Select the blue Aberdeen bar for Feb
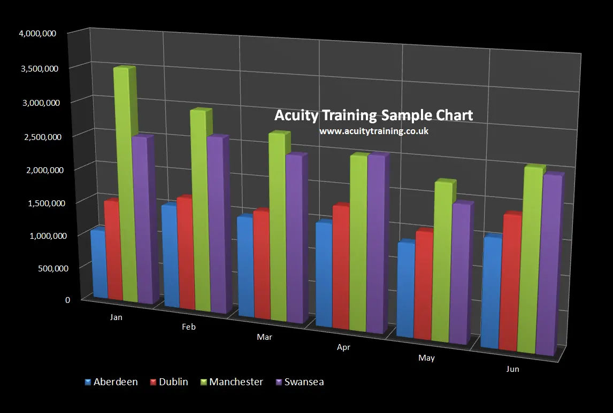(170, 256)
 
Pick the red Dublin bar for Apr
(341, 267)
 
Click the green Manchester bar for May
(441, 262)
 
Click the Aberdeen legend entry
(111, 382)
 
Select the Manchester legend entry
(231, 382)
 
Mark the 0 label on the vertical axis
(67, 300)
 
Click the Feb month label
(189, 327)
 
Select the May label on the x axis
(426, 358)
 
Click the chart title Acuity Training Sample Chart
(373, 115)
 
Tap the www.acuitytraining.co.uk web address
(373, 130)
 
